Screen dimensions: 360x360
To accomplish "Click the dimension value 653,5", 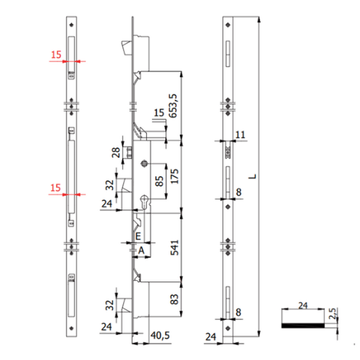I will pos(175,106).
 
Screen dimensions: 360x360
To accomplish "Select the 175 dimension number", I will pos(175,175).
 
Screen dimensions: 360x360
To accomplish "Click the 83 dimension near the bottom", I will pos(175,299).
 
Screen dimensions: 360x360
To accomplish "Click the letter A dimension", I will pos(142,250).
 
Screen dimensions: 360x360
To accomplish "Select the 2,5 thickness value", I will pos(331,314).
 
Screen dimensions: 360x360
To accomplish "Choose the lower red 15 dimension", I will pos(56,188).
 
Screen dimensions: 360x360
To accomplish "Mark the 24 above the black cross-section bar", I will pos(302,305).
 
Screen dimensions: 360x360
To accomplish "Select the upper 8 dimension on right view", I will pos(239,192).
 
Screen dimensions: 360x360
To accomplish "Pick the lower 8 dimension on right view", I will pos(239,313).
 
